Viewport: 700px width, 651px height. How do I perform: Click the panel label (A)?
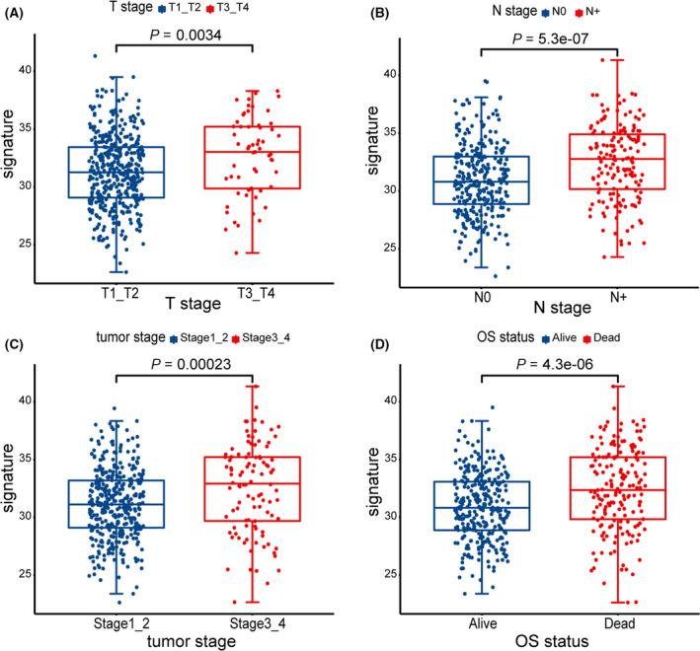click(x=17, y=12)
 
